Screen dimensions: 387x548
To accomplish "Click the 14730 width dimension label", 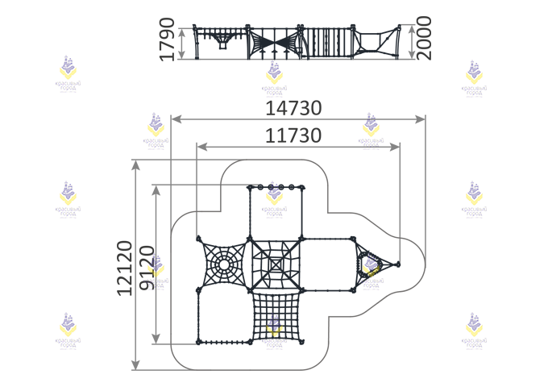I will coord(294,108).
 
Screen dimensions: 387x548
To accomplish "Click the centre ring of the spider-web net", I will coord(222,264).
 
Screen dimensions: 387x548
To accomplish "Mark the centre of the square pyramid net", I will coord(275,264).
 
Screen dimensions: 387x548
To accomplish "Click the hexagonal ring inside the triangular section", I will coord(371,264).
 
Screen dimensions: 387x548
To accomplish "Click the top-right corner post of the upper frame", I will coord(302,187).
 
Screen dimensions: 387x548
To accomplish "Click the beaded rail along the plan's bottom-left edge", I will coord(225,343).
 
